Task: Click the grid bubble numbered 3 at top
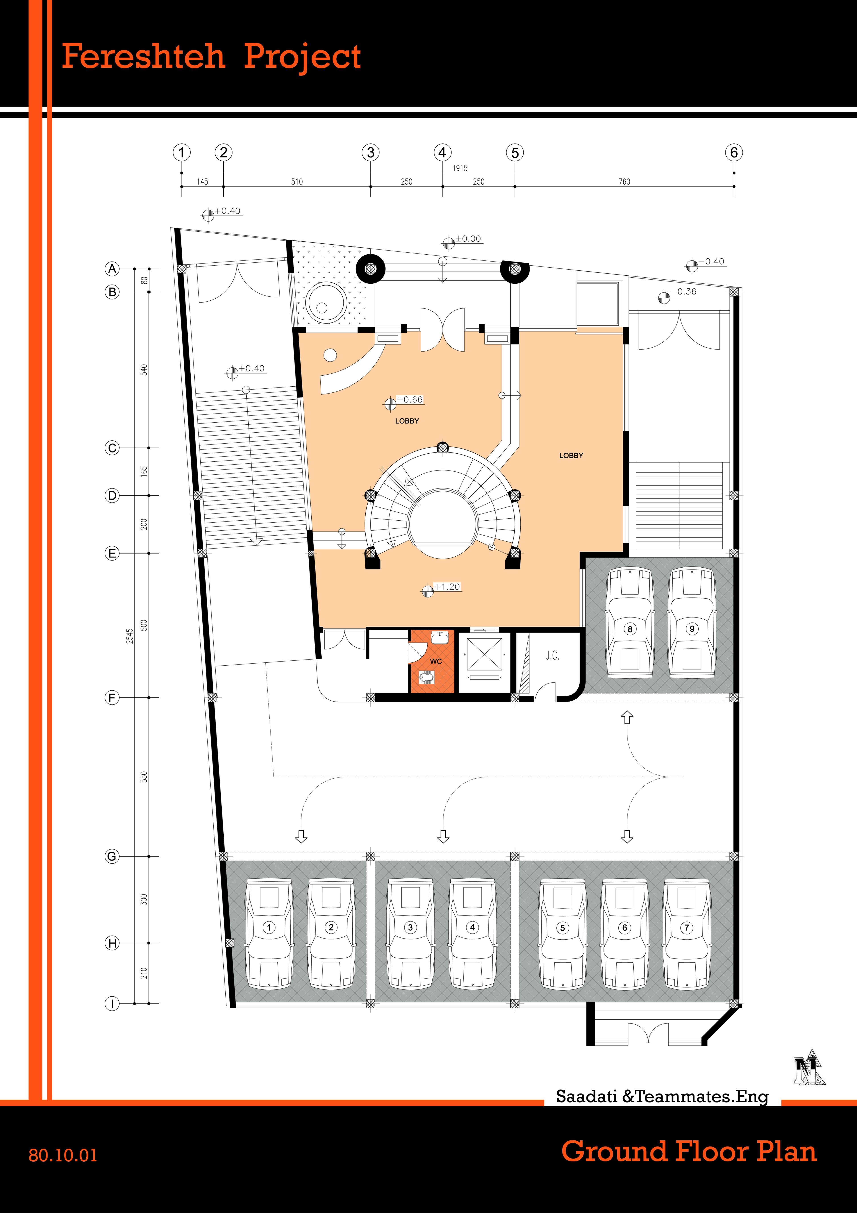[x=371, y=153]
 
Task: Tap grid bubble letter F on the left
[x=111, y=697]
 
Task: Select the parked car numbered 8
[x=629, y=623]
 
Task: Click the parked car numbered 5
[x=562, y=934]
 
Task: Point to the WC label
[x=436, y=662]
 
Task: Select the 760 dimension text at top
[x=624, y=182]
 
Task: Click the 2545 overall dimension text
[x=129, y=636]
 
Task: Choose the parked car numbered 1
[x=269, y=934]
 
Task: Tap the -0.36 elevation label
[x=684, y=292]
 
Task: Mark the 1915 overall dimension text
[x=460, y=168]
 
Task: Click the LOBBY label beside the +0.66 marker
[x=407, y=421]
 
